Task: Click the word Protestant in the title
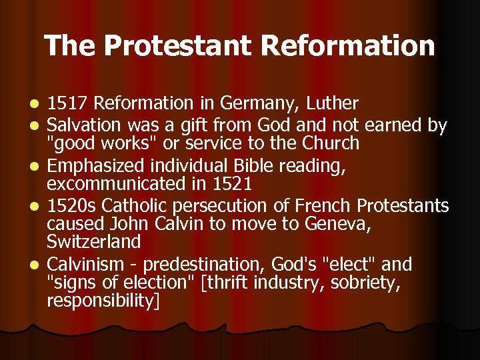(x=177, y=46)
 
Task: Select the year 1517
(x=69, y=103)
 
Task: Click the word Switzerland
(x=94, y=241)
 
